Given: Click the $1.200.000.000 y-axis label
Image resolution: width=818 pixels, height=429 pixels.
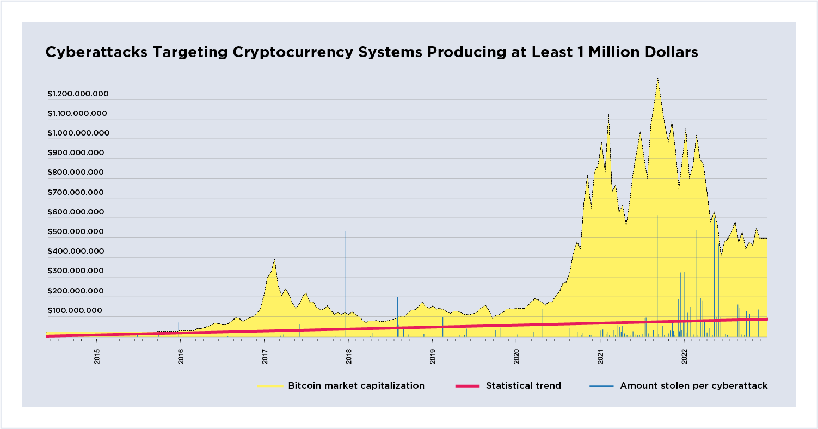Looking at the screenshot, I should tap(78, 94).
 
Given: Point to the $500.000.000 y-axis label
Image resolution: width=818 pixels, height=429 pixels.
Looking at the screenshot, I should tap(76, 232).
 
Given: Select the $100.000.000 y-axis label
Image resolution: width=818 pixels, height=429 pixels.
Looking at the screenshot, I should tap(75, 311).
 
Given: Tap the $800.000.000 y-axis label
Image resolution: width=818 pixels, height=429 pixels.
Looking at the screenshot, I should tap(76, 173).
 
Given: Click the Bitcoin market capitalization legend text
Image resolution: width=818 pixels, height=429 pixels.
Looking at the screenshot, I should tap(356, 385).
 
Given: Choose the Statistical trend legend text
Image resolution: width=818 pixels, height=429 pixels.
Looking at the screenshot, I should tap(523, 385).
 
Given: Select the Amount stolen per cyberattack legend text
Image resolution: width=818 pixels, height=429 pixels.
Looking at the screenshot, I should tap(693, 385).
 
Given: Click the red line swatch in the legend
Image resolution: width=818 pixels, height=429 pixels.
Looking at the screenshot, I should tap(467, 386).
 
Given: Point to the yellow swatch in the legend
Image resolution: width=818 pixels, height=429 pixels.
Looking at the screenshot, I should tap(270, 386).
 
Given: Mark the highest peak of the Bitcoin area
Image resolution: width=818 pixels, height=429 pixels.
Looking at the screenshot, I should tap(657, 79).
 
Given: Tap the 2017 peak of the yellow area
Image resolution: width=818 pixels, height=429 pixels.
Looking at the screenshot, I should tap(274, 260).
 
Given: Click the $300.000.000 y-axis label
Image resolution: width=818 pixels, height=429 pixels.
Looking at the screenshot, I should tap(75, 271).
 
